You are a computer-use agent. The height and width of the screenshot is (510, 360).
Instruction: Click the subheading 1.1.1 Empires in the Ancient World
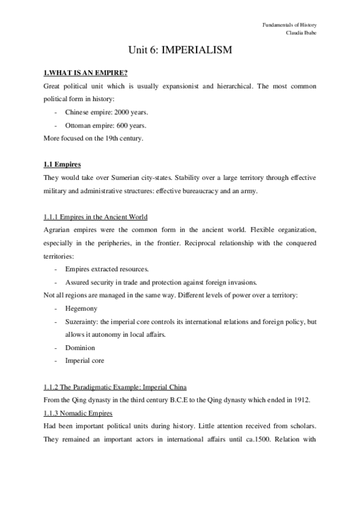point(96,217)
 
